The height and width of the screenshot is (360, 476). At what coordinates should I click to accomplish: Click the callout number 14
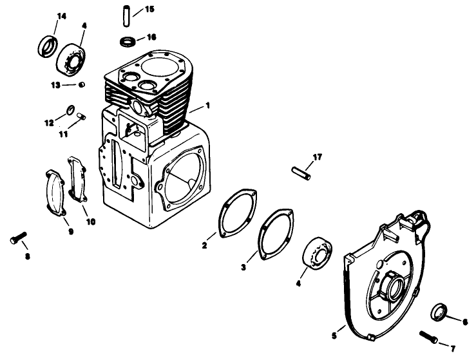point(44,15)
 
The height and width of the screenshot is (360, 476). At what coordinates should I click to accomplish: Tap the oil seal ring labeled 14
point(47,47)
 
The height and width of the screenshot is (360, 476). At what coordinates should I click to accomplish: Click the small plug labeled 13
point(82,84)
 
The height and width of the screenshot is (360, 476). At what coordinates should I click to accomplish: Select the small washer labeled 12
point(71,110)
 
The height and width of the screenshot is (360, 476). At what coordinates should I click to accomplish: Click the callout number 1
point(207,104)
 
